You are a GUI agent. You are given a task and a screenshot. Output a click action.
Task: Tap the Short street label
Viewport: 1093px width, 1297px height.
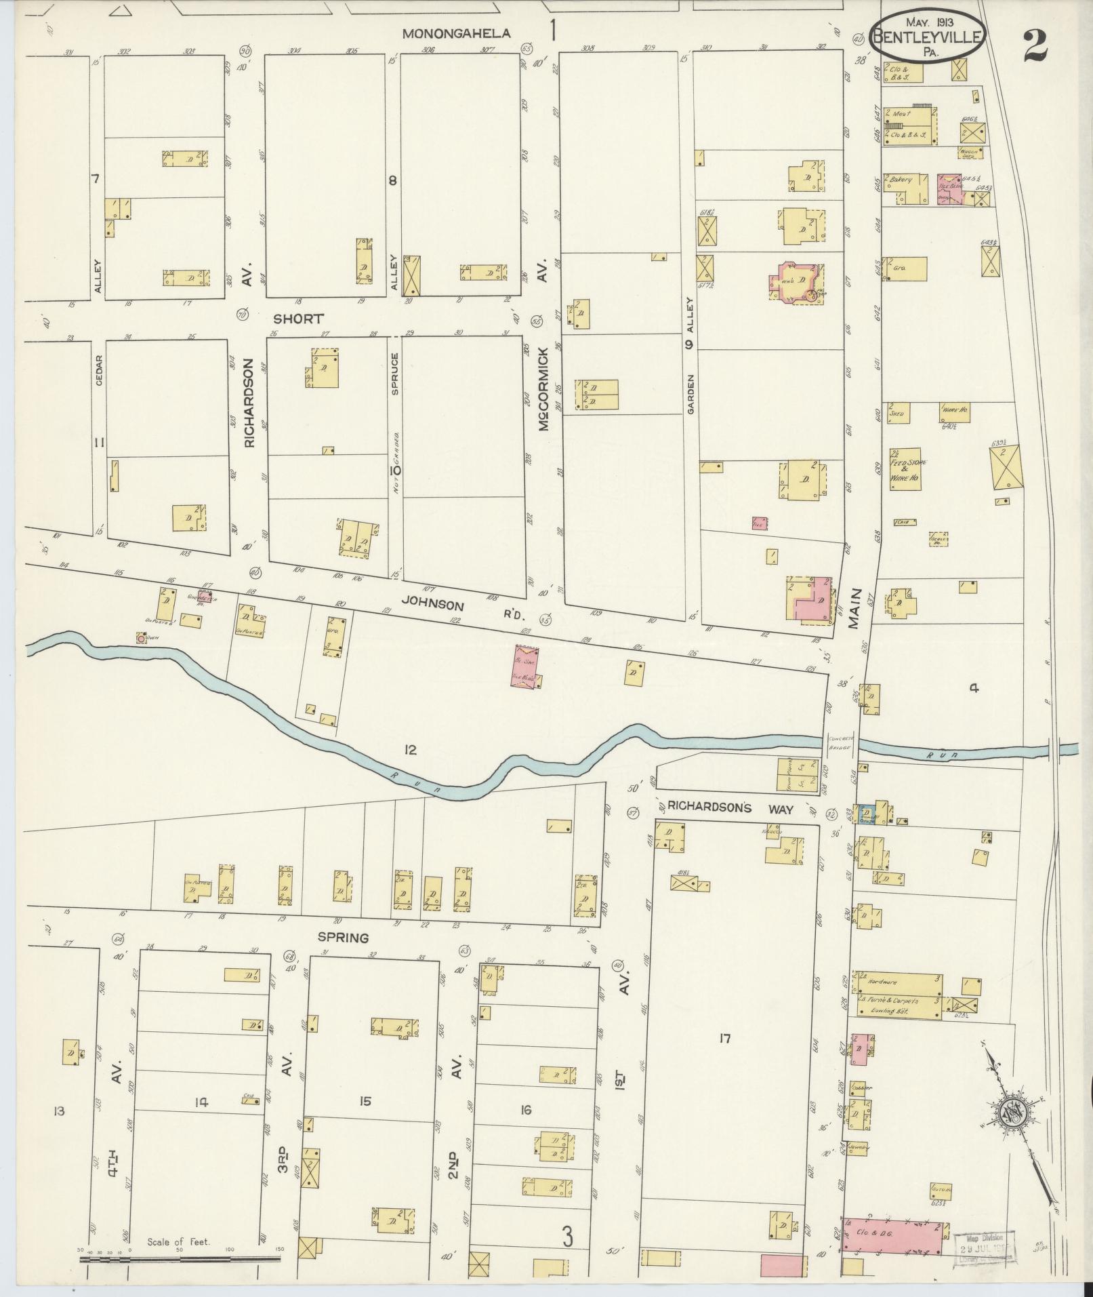299,318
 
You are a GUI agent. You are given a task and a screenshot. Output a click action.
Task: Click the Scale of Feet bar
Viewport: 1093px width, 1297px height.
180,1259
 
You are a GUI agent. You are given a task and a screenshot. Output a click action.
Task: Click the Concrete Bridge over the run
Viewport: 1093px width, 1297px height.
841,746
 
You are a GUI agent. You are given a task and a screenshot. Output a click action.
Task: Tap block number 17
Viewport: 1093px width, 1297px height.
725,1037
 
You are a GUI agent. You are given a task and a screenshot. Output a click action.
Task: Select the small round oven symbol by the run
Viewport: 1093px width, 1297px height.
140,638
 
